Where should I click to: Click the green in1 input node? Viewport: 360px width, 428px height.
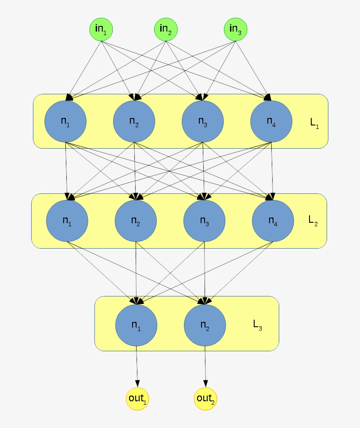point(101,29)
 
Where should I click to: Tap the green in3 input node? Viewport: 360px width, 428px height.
point(236,29)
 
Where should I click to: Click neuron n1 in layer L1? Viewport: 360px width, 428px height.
point(65,121)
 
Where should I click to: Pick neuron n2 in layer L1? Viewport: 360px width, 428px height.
point(134,121)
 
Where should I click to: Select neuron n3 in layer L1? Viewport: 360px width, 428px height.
point(202,121)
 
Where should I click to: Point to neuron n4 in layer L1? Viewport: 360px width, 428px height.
point(271,121)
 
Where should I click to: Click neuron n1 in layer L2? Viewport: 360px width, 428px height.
point(67,221)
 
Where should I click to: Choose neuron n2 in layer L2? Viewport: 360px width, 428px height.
point(136,221)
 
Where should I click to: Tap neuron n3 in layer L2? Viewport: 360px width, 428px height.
point(204,221)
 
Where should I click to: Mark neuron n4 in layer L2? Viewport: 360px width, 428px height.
point(273,221)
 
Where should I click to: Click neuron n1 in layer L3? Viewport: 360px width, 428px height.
point(136,325)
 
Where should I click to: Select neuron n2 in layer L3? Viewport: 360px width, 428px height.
point(205,325)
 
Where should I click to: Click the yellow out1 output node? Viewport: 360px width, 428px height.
point(137,399)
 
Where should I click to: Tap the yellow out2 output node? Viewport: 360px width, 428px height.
point(205,399)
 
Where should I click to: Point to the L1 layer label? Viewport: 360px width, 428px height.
point(314,124)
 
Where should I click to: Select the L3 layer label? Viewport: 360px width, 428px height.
point(257,325)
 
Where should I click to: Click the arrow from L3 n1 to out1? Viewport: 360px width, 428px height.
point(137,366)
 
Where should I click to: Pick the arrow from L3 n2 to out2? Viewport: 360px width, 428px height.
point(205,366)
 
